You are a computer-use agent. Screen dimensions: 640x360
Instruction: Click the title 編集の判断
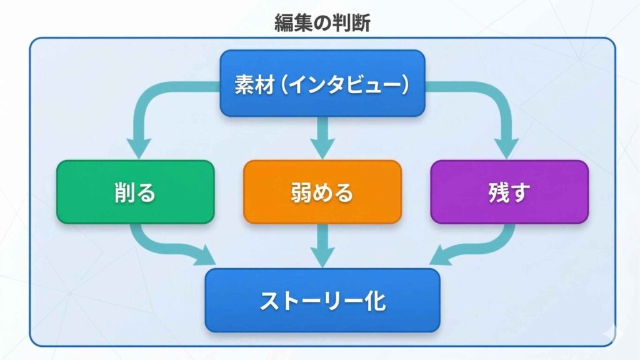click(x=322, y=23)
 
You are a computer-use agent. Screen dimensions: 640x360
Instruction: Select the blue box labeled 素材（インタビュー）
click(x=322, y=83)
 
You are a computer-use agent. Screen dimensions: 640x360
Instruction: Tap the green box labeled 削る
click(x=136, y=192)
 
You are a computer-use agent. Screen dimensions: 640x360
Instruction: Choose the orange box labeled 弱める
click(x=322, y=192)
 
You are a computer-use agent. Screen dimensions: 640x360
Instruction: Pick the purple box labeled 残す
click(x=509, y=192)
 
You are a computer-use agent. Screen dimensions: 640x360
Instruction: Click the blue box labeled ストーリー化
click(x=322, y=301)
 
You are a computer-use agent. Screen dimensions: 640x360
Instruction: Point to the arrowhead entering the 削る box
click(x=139, y=149)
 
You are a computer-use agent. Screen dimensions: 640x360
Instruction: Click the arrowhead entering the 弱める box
click(x=322, y=149)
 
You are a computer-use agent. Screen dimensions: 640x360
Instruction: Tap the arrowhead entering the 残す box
click(x=506, y=149)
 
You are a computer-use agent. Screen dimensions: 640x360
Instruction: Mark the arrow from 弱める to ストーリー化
click(x=322, y=246)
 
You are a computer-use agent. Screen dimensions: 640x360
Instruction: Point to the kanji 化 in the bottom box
click(x=374, y=301)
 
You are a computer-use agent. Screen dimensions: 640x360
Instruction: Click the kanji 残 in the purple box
click(x=499, y=192)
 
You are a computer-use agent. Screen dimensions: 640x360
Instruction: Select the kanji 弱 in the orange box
click(x=301, y=192)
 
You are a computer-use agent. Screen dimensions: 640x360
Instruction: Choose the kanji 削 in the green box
click(x=124, y=192)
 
